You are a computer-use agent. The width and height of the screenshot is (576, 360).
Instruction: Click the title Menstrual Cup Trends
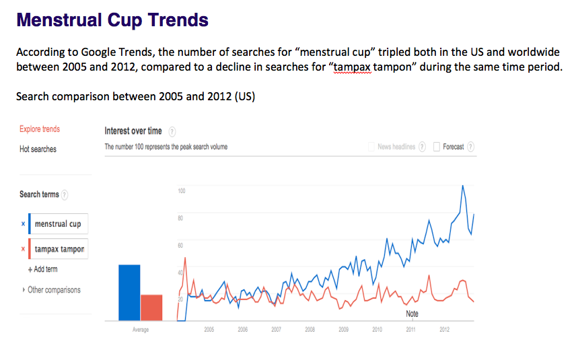click(x=112, y=20)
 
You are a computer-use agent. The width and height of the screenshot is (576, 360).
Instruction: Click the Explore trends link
click(x=40, y=129)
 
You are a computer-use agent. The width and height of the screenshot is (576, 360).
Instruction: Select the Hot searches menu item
click(x=38, y=149)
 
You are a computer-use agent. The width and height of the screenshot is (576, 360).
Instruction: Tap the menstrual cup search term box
click(x=59, y=224)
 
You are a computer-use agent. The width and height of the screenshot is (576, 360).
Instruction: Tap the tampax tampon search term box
click(x=59, y=249)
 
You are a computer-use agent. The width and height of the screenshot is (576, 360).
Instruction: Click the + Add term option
click(x=42, y=269)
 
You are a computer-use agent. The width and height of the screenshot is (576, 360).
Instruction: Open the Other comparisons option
click(x=52, y=290)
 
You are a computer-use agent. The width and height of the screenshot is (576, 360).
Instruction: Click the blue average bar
click(x=129, y=293)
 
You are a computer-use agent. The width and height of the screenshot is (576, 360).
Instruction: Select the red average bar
click(x=151, y=308)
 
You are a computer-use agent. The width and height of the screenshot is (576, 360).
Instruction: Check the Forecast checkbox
click(x=437, y=147)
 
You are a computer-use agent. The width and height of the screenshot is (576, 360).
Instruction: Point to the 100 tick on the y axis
click(x=181, y=191)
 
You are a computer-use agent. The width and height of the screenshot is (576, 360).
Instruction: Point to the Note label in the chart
click(x=412, y=314)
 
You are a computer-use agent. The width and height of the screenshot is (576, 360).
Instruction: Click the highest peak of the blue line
click(x=462, y=186)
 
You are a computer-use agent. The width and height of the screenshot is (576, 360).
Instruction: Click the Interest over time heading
click(x=133, y=131)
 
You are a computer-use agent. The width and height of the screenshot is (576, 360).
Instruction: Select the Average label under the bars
click(x=141, y=330)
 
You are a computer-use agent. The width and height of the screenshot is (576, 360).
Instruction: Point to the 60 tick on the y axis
click(x=181, y=246)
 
